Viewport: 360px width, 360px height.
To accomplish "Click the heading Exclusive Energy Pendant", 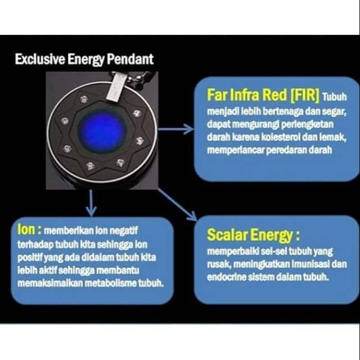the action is pyautogui.click(x=84, y=59).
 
